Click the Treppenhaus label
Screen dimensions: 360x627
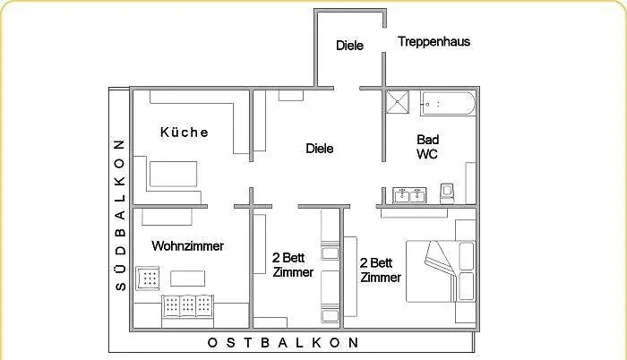[434, 41]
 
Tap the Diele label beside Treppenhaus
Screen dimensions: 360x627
[349, 46]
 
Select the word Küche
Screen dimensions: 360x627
[185, 133]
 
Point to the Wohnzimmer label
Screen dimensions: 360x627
[187, 245]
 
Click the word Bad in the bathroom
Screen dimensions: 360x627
[427, 140]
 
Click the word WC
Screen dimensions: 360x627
[427, 154]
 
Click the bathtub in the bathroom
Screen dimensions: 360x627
[449, 104]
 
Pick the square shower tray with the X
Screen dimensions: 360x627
[400, 102]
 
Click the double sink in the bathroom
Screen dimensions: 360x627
[409, 194]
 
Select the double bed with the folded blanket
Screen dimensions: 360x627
[433, 270]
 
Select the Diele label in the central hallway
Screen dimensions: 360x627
[319, 149]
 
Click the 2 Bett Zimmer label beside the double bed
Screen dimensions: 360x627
[379, 270]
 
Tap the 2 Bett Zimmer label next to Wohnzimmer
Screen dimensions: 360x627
[293, 265]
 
